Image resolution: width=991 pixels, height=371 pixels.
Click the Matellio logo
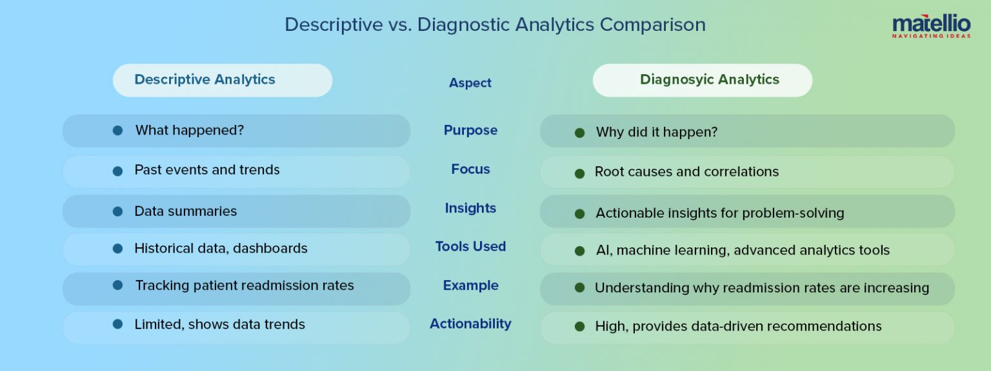tap(931, 27)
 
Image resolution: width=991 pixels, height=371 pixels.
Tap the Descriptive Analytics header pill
tap(223, 80)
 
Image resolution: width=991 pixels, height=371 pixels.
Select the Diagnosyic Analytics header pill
tap(702, 80)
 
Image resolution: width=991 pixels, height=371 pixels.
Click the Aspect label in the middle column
tap(470, 83)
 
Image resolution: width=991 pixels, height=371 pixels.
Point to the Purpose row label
tap(470, 130)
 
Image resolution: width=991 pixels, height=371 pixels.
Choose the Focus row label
tap(470, 169)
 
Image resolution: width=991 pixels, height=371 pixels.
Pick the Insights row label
tap(470, 208)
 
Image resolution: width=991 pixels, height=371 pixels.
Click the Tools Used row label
tap(470, 247)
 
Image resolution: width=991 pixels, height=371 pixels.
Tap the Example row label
tap(470, 285)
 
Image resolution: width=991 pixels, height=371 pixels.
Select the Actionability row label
tap(470, 324)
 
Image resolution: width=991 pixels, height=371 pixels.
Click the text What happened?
tap(189, 131)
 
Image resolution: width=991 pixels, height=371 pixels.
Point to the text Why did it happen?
tap(656, 132)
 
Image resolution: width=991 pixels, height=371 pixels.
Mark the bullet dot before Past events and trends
tap(117, 171)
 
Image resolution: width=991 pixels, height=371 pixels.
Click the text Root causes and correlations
tap(686, 172)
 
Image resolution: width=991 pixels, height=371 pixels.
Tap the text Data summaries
tap(185, 211)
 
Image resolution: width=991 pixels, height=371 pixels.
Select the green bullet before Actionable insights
tap(579, 213)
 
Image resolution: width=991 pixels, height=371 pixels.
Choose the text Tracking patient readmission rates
tap(244, 285)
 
